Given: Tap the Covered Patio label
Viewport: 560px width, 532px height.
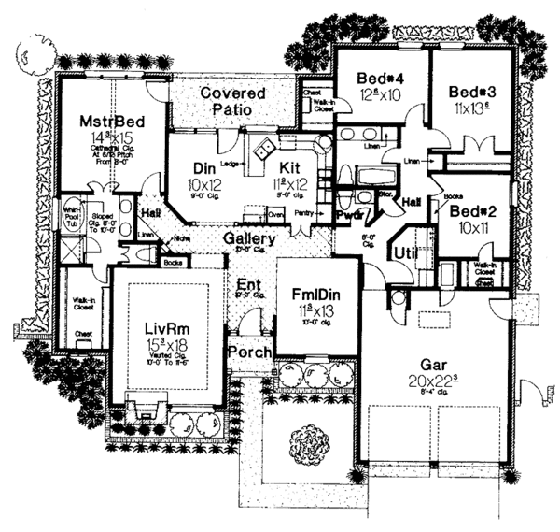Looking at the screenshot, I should pyautogui.click(x=231, y=101).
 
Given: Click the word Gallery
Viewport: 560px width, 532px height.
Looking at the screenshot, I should pyautogui.click(x=248, y=239).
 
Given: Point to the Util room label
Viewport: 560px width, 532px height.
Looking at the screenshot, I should pyautogui.click(x=404, y=252).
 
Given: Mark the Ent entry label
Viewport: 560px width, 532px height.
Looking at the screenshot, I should pyautogui.click(x=248, y=283).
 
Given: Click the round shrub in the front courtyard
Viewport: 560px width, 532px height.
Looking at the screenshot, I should pyautogui.click(x=309, y=440).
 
